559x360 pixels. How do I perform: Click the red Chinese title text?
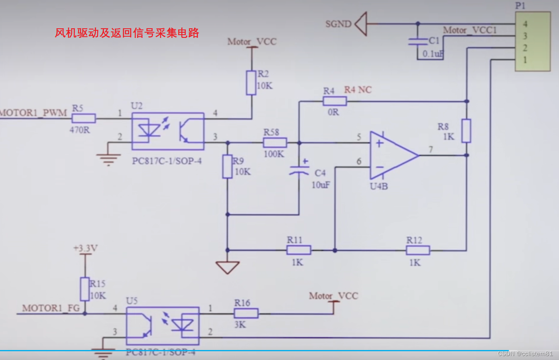pos(127,33)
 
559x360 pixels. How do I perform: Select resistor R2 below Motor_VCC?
pos(251,83)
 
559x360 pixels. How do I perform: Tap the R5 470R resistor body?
pos(84,118)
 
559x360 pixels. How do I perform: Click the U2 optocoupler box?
pos(168,131)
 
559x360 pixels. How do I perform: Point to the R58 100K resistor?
pos(275,142)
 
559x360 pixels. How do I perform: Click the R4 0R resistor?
pos(335,101)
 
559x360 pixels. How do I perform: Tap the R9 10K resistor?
pos(227,167)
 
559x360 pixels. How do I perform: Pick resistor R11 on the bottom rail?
pos(299,250)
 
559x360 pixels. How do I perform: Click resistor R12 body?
pos(418,250)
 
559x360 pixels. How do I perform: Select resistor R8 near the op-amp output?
pos(466,131)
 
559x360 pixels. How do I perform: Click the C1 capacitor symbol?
pos(417,41)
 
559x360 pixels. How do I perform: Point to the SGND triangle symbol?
pos(361,24)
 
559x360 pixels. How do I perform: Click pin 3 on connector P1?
pos(525,36)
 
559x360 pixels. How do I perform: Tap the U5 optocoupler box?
pos(163,326)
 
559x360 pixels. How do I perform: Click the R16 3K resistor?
pos(246,313)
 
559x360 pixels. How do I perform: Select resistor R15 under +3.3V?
pos(85,289)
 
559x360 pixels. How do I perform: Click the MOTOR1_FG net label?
pos(51,308)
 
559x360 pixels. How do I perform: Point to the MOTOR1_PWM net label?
pos(33,113)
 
